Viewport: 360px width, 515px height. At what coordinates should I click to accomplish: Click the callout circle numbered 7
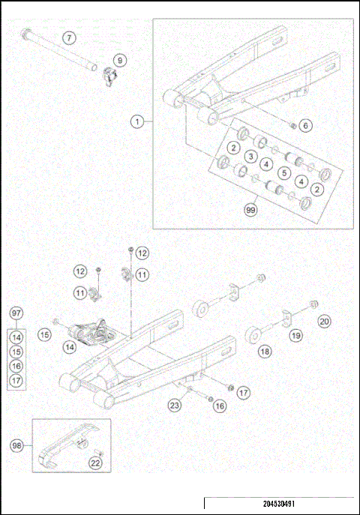tap(69, 37)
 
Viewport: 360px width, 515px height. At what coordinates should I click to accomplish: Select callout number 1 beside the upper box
tap(137, 120)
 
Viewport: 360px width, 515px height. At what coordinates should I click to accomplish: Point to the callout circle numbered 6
tap(304, 125)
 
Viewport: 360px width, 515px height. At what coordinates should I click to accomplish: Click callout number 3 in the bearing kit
tap(250, 156)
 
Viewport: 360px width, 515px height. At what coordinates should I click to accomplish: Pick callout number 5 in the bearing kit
tap(283, 172)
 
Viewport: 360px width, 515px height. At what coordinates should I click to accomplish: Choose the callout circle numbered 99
tap(250, 211)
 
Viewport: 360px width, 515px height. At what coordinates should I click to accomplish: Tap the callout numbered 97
tap(16, 313)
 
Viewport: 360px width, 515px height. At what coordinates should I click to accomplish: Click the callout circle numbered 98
tap(16, 445)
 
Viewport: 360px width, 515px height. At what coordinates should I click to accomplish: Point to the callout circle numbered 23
tap(175, 406)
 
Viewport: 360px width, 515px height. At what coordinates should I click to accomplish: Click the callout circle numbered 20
tap(323, 322)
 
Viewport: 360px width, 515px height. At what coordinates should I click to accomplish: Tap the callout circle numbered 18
tap(265, 350)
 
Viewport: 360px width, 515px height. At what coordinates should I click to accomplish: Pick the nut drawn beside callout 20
tap(314, 304)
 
